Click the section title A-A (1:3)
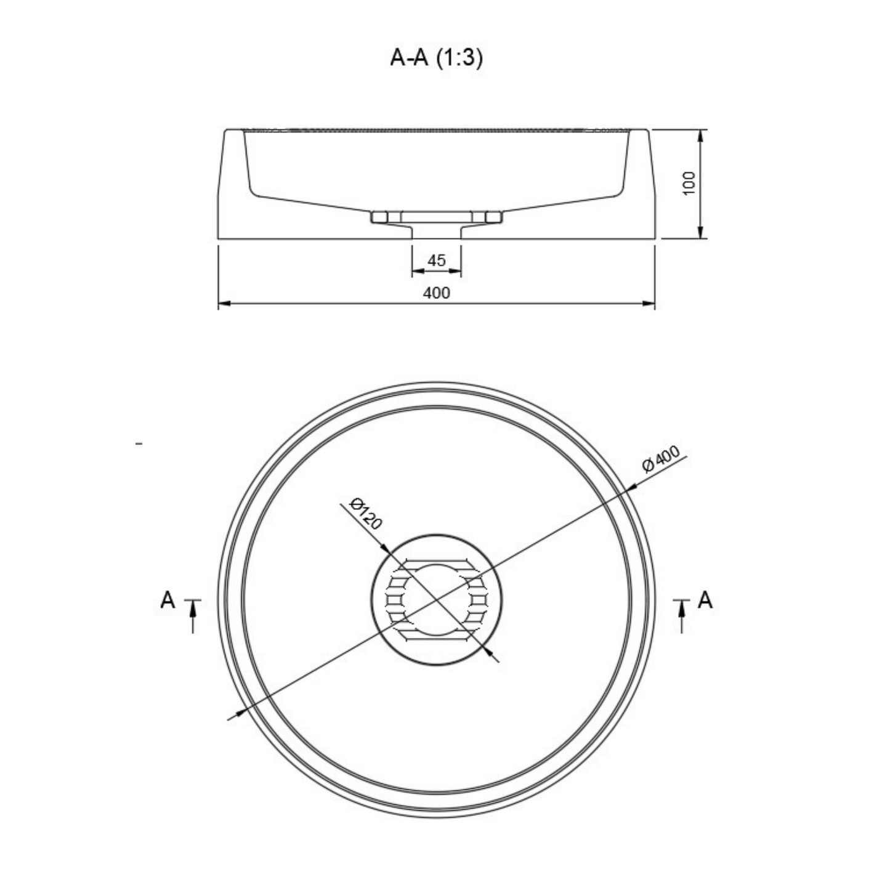click(x=436, y=59)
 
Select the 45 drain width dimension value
click(x=437, y=261)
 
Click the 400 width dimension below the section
click(x=437, y=293)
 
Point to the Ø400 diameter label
click(x=661, y=459)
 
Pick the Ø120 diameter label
click(x=366, y=513)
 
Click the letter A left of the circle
click(x=168, y=601)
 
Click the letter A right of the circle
click(x=705, y=601)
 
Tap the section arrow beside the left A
click(x=193, y=616)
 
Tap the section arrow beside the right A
click(x=682, y=616)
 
